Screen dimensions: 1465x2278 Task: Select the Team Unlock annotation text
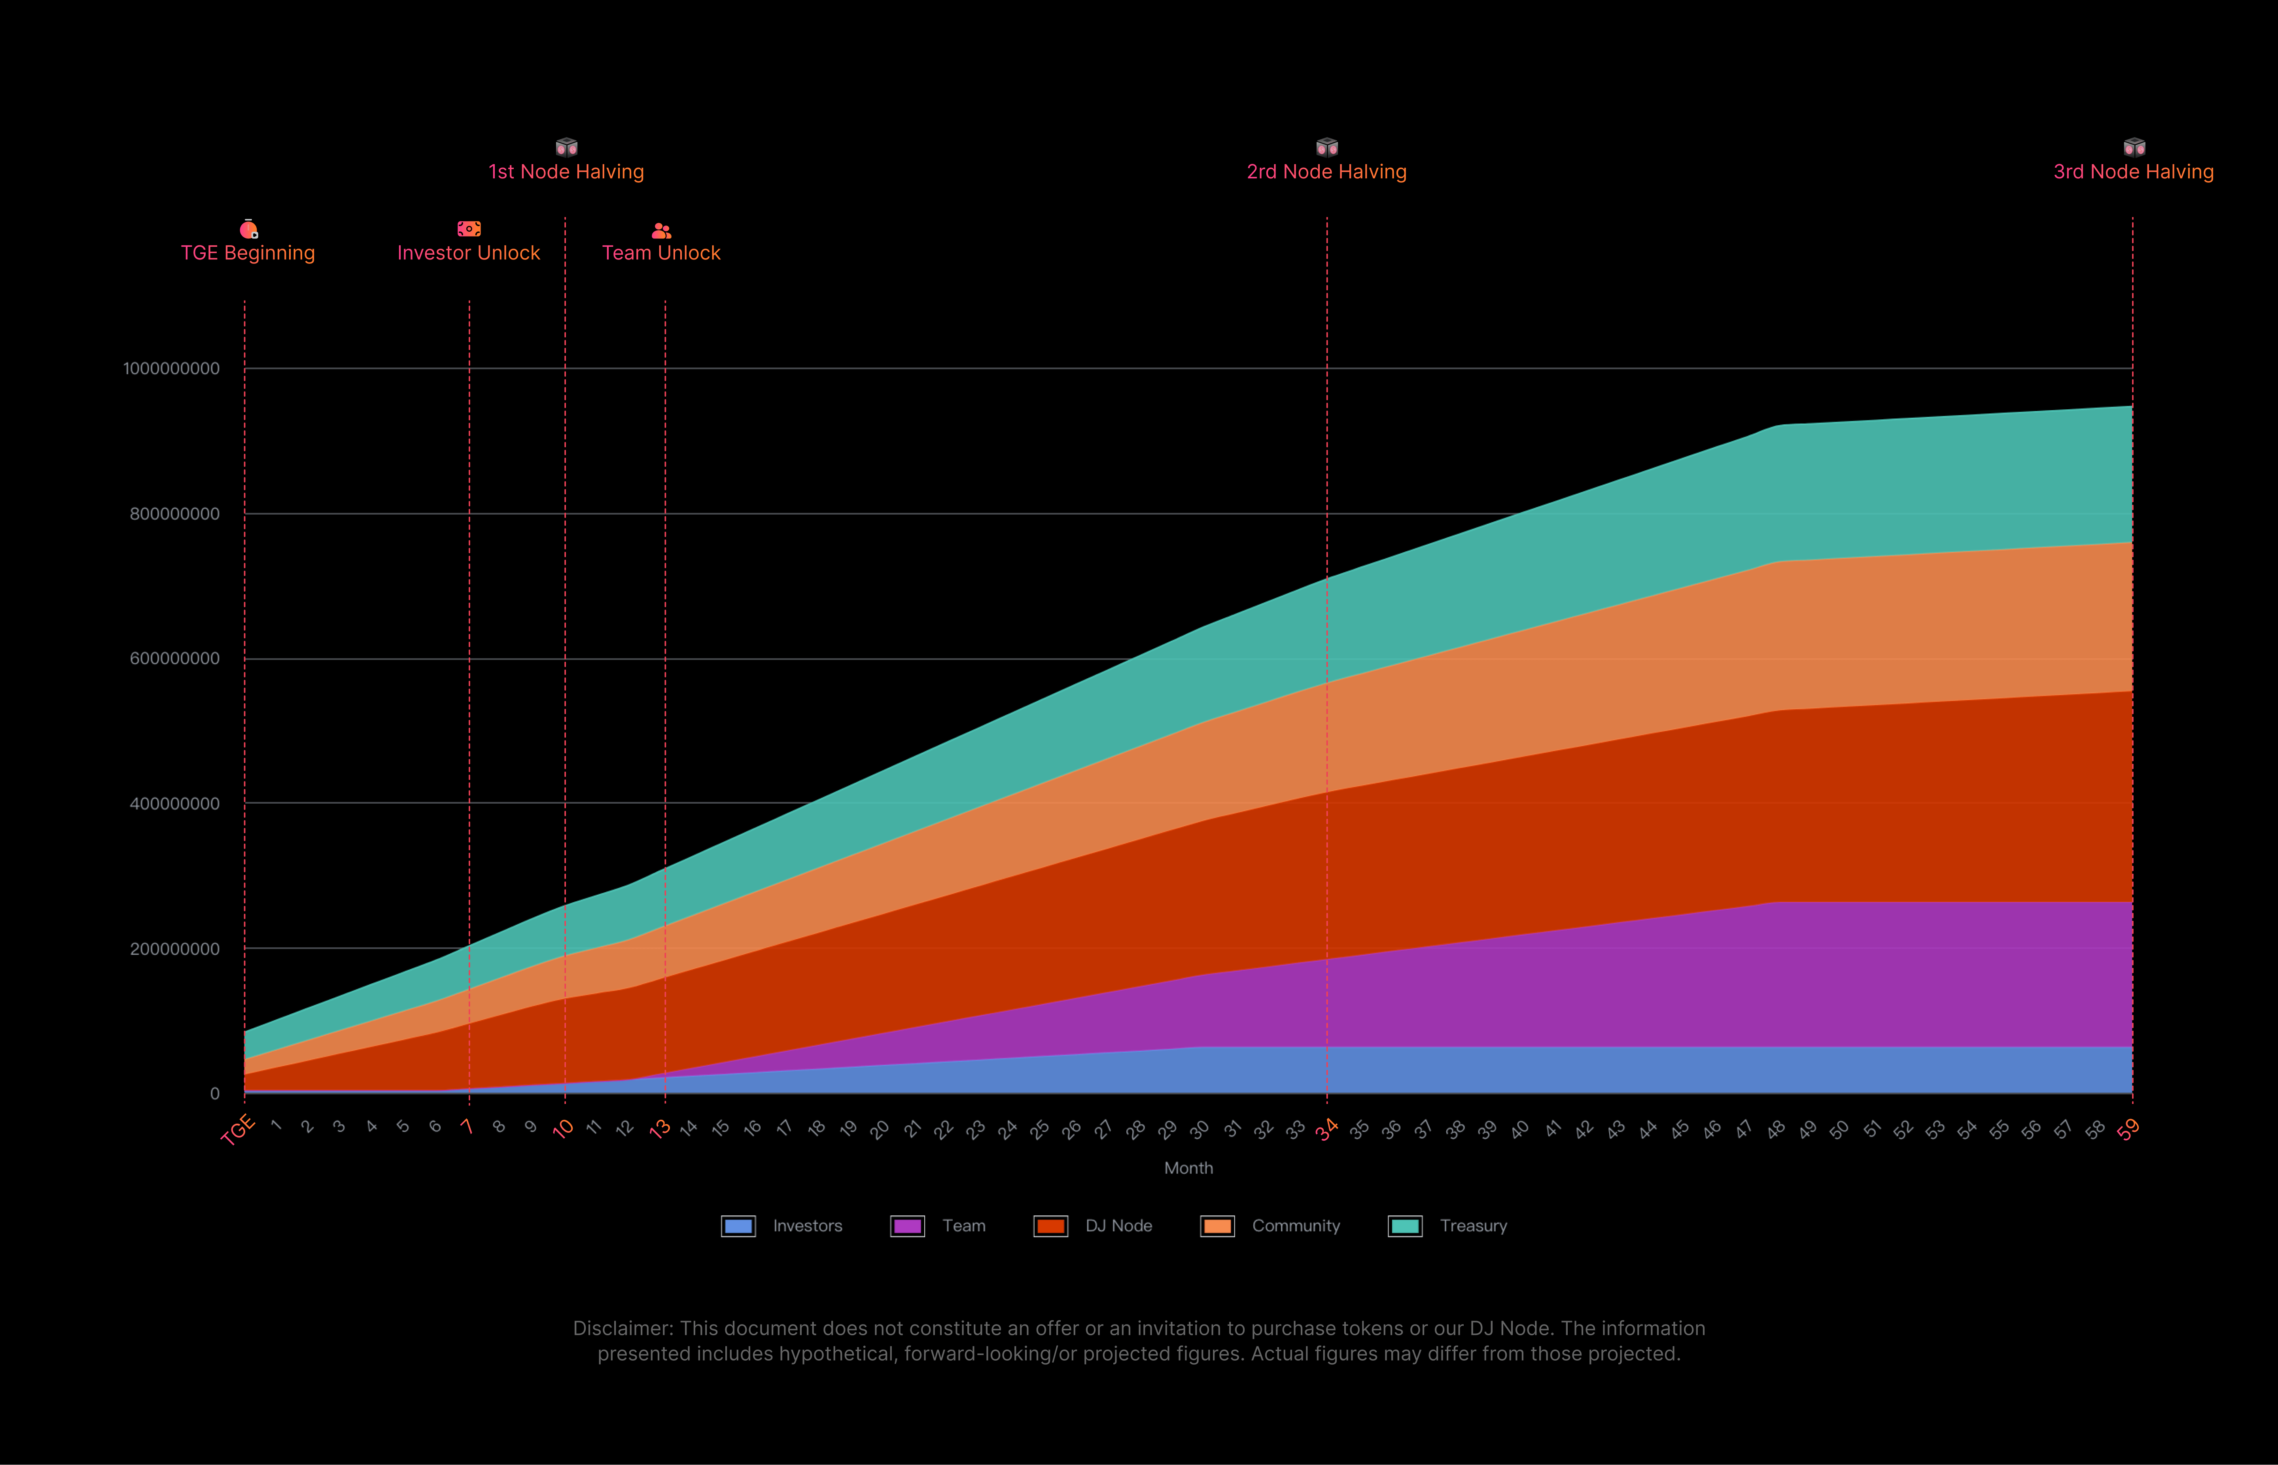pyautogui.click(x=661, y=253)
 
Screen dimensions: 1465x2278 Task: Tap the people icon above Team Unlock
pyautogui.click(x=661, y=230)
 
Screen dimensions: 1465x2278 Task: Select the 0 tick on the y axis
pyautogui.click(x=215, y=1094)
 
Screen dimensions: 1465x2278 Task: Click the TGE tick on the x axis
pyautogui.click(x=238, y=1130)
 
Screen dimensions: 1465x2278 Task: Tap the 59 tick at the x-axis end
pyautogui.click(x=2129, y=1129)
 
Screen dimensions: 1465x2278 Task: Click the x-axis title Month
pyautogui.click(x=1188, y=1168)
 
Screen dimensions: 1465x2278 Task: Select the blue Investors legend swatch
pyautogui.click(x=738, y=1226)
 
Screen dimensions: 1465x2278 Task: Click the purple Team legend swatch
pyautogui.click(x=907, y=1226)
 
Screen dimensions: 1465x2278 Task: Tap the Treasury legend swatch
pyautogui.click(x=1405, y=1226)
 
